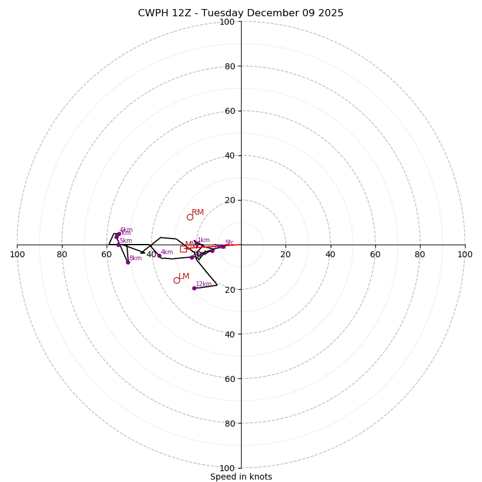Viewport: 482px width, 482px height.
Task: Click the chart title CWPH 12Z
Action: [x=240, y=13]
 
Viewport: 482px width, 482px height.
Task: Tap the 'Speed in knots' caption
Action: [x=241, y=477]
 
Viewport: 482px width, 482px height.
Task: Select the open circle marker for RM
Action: [x=190, y=217]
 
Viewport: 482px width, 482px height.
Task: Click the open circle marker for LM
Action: [x=177, y=280]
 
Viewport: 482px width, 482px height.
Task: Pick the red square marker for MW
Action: [x=183, y=249]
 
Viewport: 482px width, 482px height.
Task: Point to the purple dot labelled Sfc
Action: [x=223, y=246]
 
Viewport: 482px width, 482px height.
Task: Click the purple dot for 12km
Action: [x=194, y=288]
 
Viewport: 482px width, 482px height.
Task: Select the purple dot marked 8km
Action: [x=128, y=262]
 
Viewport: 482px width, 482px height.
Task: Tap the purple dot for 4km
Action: [x=159, y=256]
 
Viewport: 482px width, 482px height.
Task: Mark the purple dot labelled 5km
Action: [x=118, y=245]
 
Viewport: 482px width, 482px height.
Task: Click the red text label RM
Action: [x=198, y=213]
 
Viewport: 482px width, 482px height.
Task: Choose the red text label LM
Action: [x=184, y=277]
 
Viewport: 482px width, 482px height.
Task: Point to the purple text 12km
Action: [x=204, y=284]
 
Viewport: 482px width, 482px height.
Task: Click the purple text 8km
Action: [x=136, y=258]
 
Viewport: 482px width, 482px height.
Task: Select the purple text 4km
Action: [x=167, y=252]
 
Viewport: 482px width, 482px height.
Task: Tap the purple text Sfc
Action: [x=229, y=243]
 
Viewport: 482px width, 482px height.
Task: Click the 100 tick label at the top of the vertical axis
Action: [x=227, y=22]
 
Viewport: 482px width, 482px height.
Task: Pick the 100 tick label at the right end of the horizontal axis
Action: [x=465, y=254]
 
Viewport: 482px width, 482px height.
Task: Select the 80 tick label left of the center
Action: [x=62, y=254]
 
